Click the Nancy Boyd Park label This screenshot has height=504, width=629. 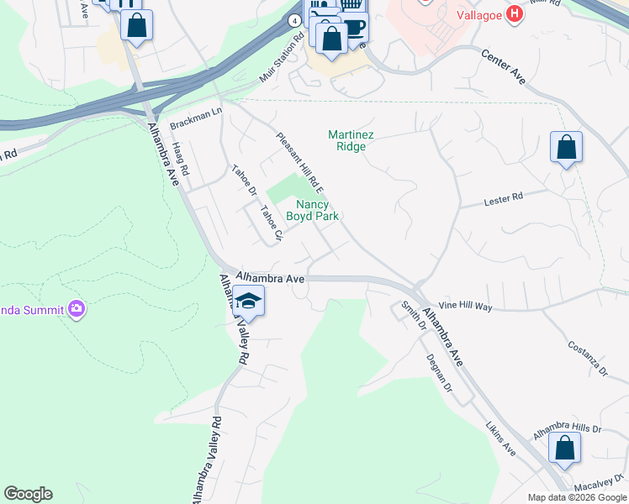pos(312,210)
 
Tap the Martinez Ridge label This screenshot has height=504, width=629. pos(346,140)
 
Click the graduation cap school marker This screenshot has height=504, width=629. pos(248,301)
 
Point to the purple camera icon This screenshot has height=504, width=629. pos(77,310)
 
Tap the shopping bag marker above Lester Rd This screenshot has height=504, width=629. pos(567,148)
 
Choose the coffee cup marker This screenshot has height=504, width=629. pos(355,27)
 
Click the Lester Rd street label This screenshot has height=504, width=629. pos(504,199)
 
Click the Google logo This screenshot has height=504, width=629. pos(28,494)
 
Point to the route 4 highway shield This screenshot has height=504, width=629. pos(293,20)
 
